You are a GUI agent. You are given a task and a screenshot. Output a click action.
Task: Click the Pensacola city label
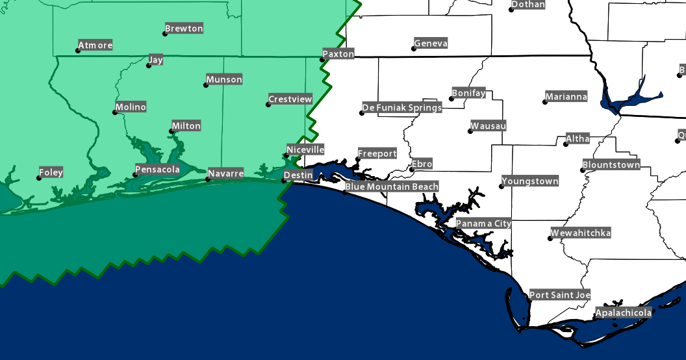(157, 170)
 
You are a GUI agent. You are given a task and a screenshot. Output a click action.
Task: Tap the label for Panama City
(483, 224)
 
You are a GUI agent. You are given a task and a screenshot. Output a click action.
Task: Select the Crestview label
(290, 99)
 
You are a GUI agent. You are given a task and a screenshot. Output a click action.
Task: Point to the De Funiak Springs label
(401, 107)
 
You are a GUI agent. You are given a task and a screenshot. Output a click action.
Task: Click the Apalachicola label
(624, 314)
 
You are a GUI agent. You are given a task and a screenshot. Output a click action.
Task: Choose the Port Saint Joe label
(560, 295)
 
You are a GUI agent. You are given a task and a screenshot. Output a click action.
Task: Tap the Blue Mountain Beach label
(392, 186)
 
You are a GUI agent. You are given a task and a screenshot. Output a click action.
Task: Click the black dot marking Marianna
(544, 102)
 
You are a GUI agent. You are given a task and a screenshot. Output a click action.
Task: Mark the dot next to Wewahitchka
(550, 238)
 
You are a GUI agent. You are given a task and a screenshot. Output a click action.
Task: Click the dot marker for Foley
(39, 178)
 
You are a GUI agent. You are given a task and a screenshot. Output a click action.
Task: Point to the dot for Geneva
(413, 49)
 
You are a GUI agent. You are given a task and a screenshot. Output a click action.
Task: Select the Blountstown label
(611, 165)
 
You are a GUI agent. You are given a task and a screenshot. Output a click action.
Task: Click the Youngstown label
(530, 181)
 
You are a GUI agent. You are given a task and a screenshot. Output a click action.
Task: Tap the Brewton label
(184, 29)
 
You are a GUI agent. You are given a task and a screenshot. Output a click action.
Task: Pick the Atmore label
(95, 45)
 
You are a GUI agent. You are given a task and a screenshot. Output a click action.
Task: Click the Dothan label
(528, 5)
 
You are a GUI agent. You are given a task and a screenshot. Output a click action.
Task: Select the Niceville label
(305, 149)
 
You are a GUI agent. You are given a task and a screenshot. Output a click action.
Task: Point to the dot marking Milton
(171, 131)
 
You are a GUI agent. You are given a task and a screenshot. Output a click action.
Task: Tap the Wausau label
(488, 125)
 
